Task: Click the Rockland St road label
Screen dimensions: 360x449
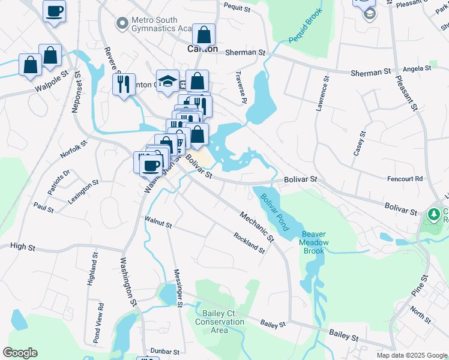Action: pos(249,242)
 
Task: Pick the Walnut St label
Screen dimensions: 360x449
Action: pos(158,223)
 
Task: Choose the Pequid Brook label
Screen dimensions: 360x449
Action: pos(306,26)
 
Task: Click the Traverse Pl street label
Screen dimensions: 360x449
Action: pos(244,93)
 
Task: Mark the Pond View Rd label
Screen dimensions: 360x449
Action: pos(100,323)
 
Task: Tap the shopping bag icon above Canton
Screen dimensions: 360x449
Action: pos(204,35)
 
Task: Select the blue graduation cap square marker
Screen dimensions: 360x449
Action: pos(167,80)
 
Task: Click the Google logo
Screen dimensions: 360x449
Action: pos(20,353)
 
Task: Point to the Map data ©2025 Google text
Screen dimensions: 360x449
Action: pos(411,355)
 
